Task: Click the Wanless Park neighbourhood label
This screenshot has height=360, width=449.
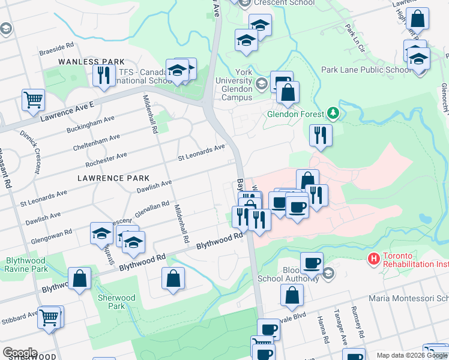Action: [91, 62]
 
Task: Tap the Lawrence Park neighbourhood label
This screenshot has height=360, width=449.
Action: [104, 178]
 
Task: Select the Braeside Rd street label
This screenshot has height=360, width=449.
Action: [56, 46]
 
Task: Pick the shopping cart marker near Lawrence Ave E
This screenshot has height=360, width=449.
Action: [34, 99]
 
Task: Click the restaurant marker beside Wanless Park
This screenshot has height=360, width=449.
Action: [104, 74]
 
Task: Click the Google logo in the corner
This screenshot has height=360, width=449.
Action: [20, 353]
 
